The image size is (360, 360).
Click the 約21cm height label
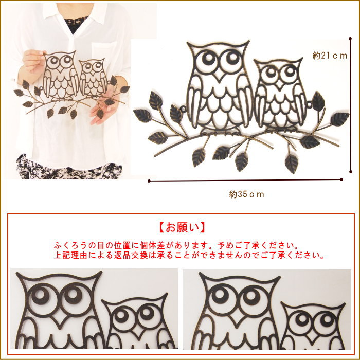[x=330, y=56]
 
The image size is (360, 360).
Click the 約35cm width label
[x=246, y=195]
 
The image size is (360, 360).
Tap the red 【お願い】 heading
[x=182, y=227]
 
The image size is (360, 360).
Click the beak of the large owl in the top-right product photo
[x=219, y=75]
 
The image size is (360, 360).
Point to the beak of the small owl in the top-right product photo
[x=279, y=85]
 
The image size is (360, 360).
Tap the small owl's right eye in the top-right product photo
[x=290, y=71]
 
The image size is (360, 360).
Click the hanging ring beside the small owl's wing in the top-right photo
[x=309, y=105]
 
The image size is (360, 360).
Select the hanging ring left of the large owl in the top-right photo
[x=183, y=109]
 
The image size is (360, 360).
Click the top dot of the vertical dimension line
[x=350, y=39]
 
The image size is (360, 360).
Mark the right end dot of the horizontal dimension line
[x=341, y=179]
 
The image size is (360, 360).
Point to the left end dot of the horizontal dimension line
[x=149, y=181]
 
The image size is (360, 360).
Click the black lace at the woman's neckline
[x=75, y=24]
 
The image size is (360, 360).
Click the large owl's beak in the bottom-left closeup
[x=60, y=319]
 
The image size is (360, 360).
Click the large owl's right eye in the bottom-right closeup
[x=251, y=298]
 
